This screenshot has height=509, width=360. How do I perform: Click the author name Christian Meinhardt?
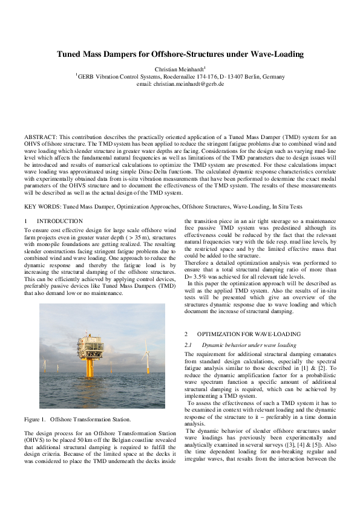179,69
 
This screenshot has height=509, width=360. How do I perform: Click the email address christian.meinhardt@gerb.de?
180,83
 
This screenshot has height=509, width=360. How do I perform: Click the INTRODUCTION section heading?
60,222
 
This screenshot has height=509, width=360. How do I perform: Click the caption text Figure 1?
35,419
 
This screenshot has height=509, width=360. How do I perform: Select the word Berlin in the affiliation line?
255,77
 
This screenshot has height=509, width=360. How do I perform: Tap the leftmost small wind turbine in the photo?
45,365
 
